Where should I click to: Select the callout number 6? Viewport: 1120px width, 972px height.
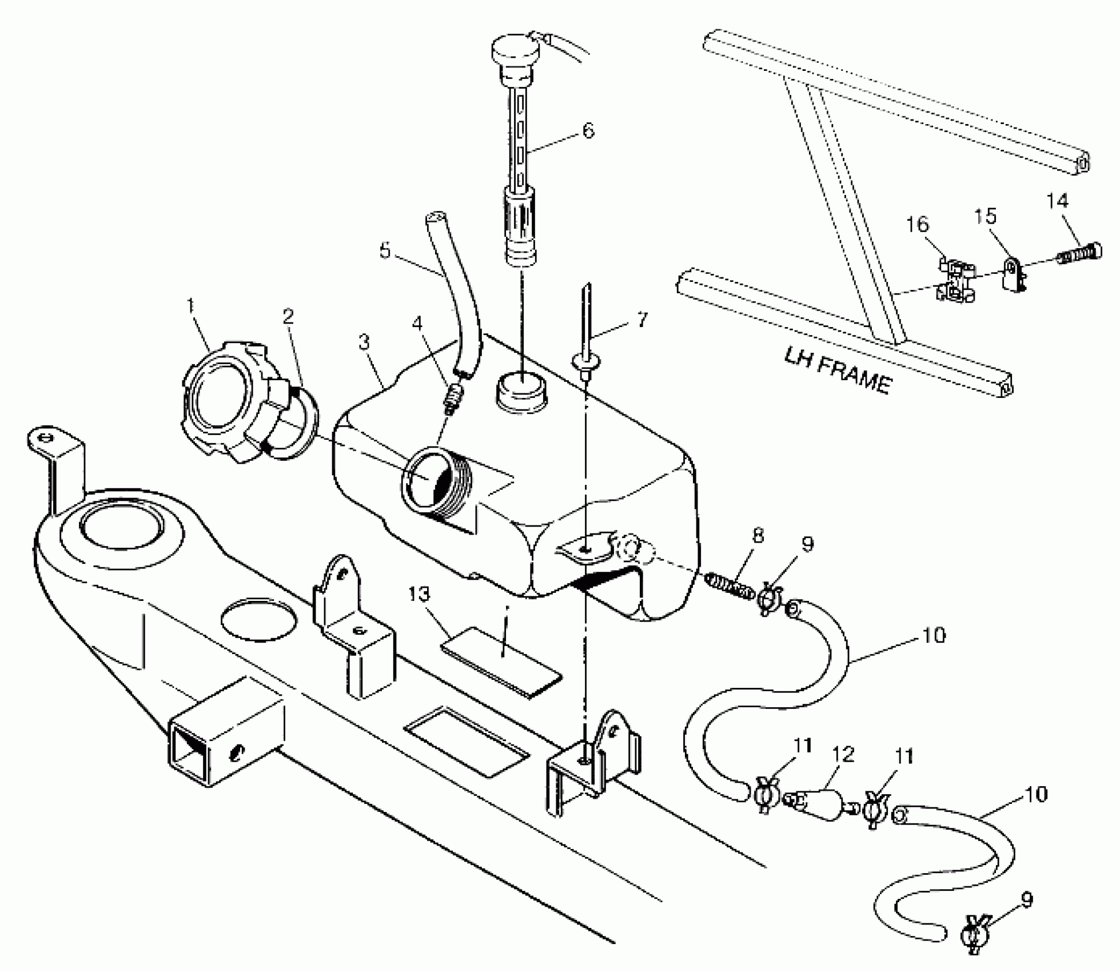tap(588, 130)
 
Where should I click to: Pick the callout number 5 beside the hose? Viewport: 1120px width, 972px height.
tap(385, 250)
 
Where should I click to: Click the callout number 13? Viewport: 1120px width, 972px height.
tap(419, 594)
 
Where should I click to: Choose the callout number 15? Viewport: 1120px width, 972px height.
tap(985, 216)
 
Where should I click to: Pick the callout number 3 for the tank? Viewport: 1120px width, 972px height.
tap(364, 342)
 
